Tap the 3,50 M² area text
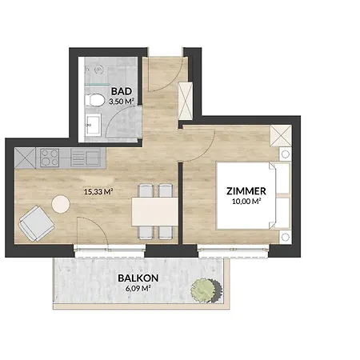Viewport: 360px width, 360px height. coord(121,102)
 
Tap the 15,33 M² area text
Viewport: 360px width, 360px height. coord(97,191)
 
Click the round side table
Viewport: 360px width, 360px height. coord(61,204)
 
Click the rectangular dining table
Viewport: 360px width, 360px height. coord(154,211)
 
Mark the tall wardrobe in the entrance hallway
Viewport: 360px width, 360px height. coord(187,99)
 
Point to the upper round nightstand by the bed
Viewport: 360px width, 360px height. coord(284,153)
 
